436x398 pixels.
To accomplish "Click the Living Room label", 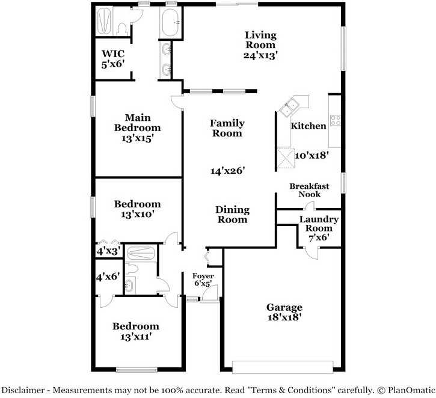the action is tap(260, 40).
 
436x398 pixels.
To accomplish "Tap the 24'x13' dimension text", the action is tap(260, 55).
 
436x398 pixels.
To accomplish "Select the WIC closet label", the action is tap(113, 53).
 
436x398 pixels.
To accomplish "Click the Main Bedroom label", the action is tap(138, 123).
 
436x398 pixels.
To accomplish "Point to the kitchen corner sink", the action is tap(289, 107).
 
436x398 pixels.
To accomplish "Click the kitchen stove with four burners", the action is tap(336, 121).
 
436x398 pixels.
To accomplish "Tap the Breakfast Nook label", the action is tap(309, 190).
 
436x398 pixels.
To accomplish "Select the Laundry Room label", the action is tap(319, 224).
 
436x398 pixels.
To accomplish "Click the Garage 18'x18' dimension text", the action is tap(284, 317).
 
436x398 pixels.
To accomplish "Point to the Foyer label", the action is tap(203, 276).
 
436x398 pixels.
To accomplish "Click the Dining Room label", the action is tap(233, 215).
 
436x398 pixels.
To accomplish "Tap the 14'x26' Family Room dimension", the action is tap(227, 170).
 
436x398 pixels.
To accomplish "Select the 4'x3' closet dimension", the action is tap(108, 251).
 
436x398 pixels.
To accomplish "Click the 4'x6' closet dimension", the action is tap(108, 277).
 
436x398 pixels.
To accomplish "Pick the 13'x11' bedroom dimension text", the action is tap(136, 337).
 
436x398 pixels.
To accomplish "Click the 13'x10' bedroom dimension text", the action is tap(137, 214).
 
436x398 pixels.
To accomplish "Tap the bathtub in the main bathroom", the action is tap(170, 22).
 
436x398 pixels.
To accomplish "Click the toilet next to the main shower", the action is tap(122, 29).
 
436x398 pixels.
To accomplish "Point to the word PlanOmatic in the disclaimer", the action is tap(411, 390).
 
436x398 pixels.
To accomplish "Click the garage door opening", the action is tap(283, 367).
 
